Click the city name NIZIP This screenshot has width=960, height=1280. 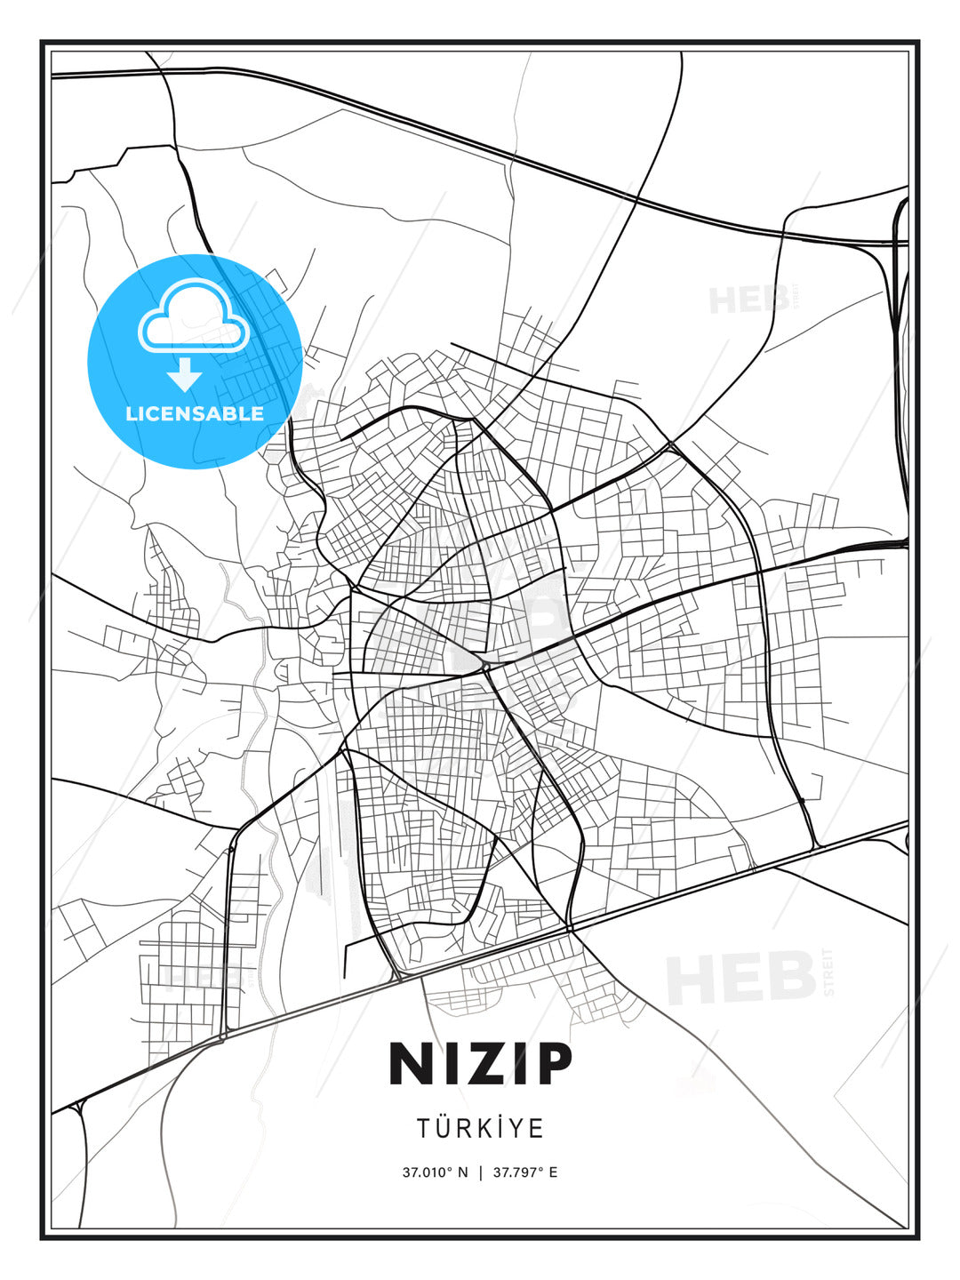coord(480,1064)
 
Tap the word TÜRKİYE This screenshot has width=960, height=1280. coord(480,1128)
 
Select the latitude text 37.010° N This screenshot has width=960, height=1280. coord(435,1172)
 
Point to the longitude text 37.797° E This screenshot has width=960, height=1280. coord(525,1172)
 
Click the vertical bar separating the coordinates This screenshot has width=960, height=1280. coord(481,1172)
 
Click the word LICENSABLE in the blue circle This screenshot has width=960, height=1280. coord(195,413)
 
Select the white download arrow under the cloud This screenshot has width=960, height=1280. coord(185,374)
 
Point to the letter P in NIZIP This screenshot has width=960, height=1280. coord(548,1064)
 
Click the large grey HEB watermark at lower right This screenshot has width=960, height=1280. coord(741,977)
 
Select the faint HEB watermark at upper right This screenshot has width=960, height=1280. coord(748,300)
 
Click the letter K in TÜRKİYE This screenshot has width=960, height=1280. coord(481,1129)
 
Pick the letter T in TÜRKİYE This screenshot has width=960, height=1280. coord(424,1129)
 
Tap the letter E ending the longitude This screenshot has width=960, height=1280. coord(553,1172)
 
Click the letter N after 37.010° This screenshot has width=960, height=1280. coord(462,1172)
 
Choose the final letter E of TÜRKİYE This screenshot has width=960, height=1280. coord(536,1129)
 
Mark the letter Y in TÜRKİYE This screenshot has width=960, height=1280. coord(517,1129)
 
